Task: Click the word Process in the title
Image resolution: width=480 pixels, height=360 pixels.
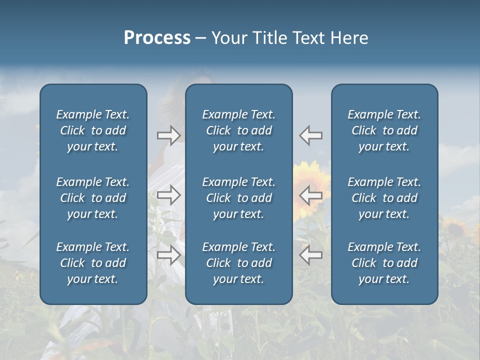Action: (x=157, y=38)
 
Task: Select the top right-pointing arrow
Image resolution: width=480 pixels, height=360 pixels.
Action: (x=168, y=135)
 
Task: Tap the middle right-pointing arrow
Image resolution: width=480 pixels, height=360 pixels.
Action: (x=168, y=195)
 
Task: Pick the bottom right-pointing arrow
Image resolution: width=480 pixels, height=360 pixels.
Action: (x=168, y=255)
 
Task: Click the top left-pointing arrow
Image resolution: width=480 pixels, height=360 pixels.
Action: (x=311, y=135)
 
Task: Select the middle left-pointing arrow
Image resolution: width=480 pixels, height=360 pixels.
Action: (x=311, y=195)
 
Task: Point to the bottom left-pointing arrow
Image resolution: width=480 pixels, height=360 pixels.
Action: (x=311, y=255)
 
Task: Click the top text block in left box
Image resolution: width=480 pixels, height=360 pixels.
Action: (x=93, y=130)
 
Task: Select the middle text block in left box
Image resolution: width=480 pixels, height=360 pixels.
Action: (x=93, y=198)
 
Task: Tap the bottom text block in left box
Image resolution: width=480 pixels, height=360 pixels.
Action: (x=93, y=263)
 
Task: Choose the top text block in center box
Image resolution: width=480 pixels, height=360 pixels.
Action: (x=238, y=130)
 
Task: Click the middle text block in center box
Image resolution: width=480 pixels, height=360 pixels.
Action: (x=238, y=198)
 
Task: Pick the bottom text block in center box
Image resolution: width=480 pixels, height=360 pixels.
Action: (x=238, y=263)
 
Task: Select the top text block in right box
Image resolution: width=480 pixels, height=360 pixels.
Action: (x=384, y=130)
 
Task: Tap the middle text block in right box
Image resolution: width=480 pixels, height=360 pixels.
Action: (x=384, y=198)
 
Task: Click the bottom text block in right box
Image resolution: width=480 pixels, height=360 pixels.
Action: (x=384, y=263)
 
